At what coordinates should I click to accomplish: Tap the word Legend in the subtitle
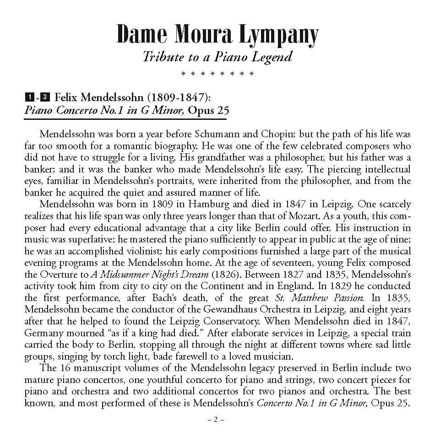273,57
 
